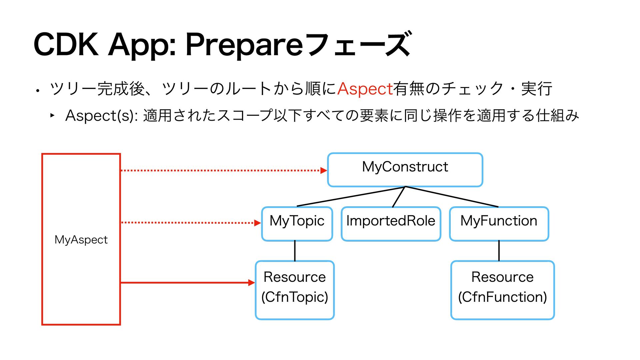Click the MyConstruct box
coord(405,170)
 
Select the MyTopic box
coord(297,224)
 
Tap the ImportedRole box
coord(391,224)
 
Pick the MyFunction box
coord(499,224)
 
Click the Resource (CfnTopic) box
coord(295,290)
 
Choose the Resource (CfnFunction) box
coord(502,290)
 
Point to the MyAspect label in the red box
coord(81,240)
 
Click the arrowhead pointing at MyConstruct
coord(324,170)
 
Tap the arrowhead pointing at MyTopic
coord(258,223)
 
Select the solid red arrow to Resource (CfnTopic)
coord(188,283)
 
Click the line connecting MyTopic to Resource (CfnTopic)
coord(295,251)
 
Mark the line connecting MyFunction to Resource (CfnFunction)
coord(499,251)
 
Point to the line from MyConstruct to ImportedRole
coord(399,197)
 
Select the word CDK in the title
coord(66,44)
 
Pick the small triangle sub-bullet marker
coord(52,115)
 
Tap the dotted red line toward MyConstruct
coord(220,170)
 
